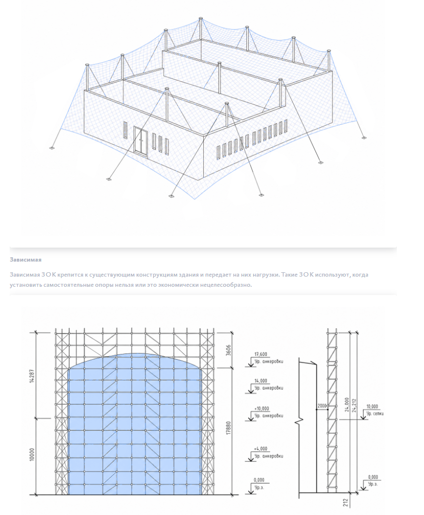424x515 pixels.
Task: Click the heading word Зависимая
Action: pos(26,260)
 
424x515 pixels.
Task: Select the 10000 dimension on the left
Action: pos(32,454)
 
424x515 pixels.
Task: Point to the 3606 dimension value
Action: pos(229,350)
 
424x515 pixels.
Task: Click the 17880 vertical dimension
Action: pos(229,427)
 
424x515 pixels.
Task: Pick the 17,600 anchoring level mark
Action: pos(261,354)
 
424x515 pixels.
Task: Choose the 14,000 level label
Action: pos(261,381)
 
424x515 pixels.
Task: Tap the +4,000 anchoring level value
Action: pos(260,449)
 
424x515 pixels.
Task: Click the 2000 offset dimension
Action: pos(322,406)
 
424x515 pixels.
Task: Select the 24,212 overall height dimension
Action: pos(354,405)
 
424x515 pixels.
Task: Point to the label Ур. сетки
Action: pos(375,413)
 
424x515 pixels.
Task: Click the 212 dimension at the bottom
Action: pos(346,502)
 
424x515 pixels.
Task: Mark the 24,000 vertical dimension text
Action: pos(347,405)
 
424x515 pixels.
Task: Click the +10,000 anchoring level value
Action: pos(261,409)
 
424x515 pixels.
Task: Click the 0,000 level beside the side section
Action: pos(373,477)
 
